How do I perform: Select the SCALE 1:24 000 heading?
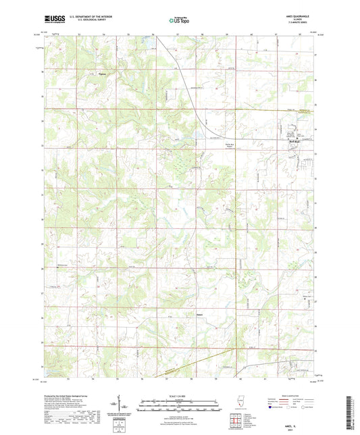[x=179, y=395]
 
